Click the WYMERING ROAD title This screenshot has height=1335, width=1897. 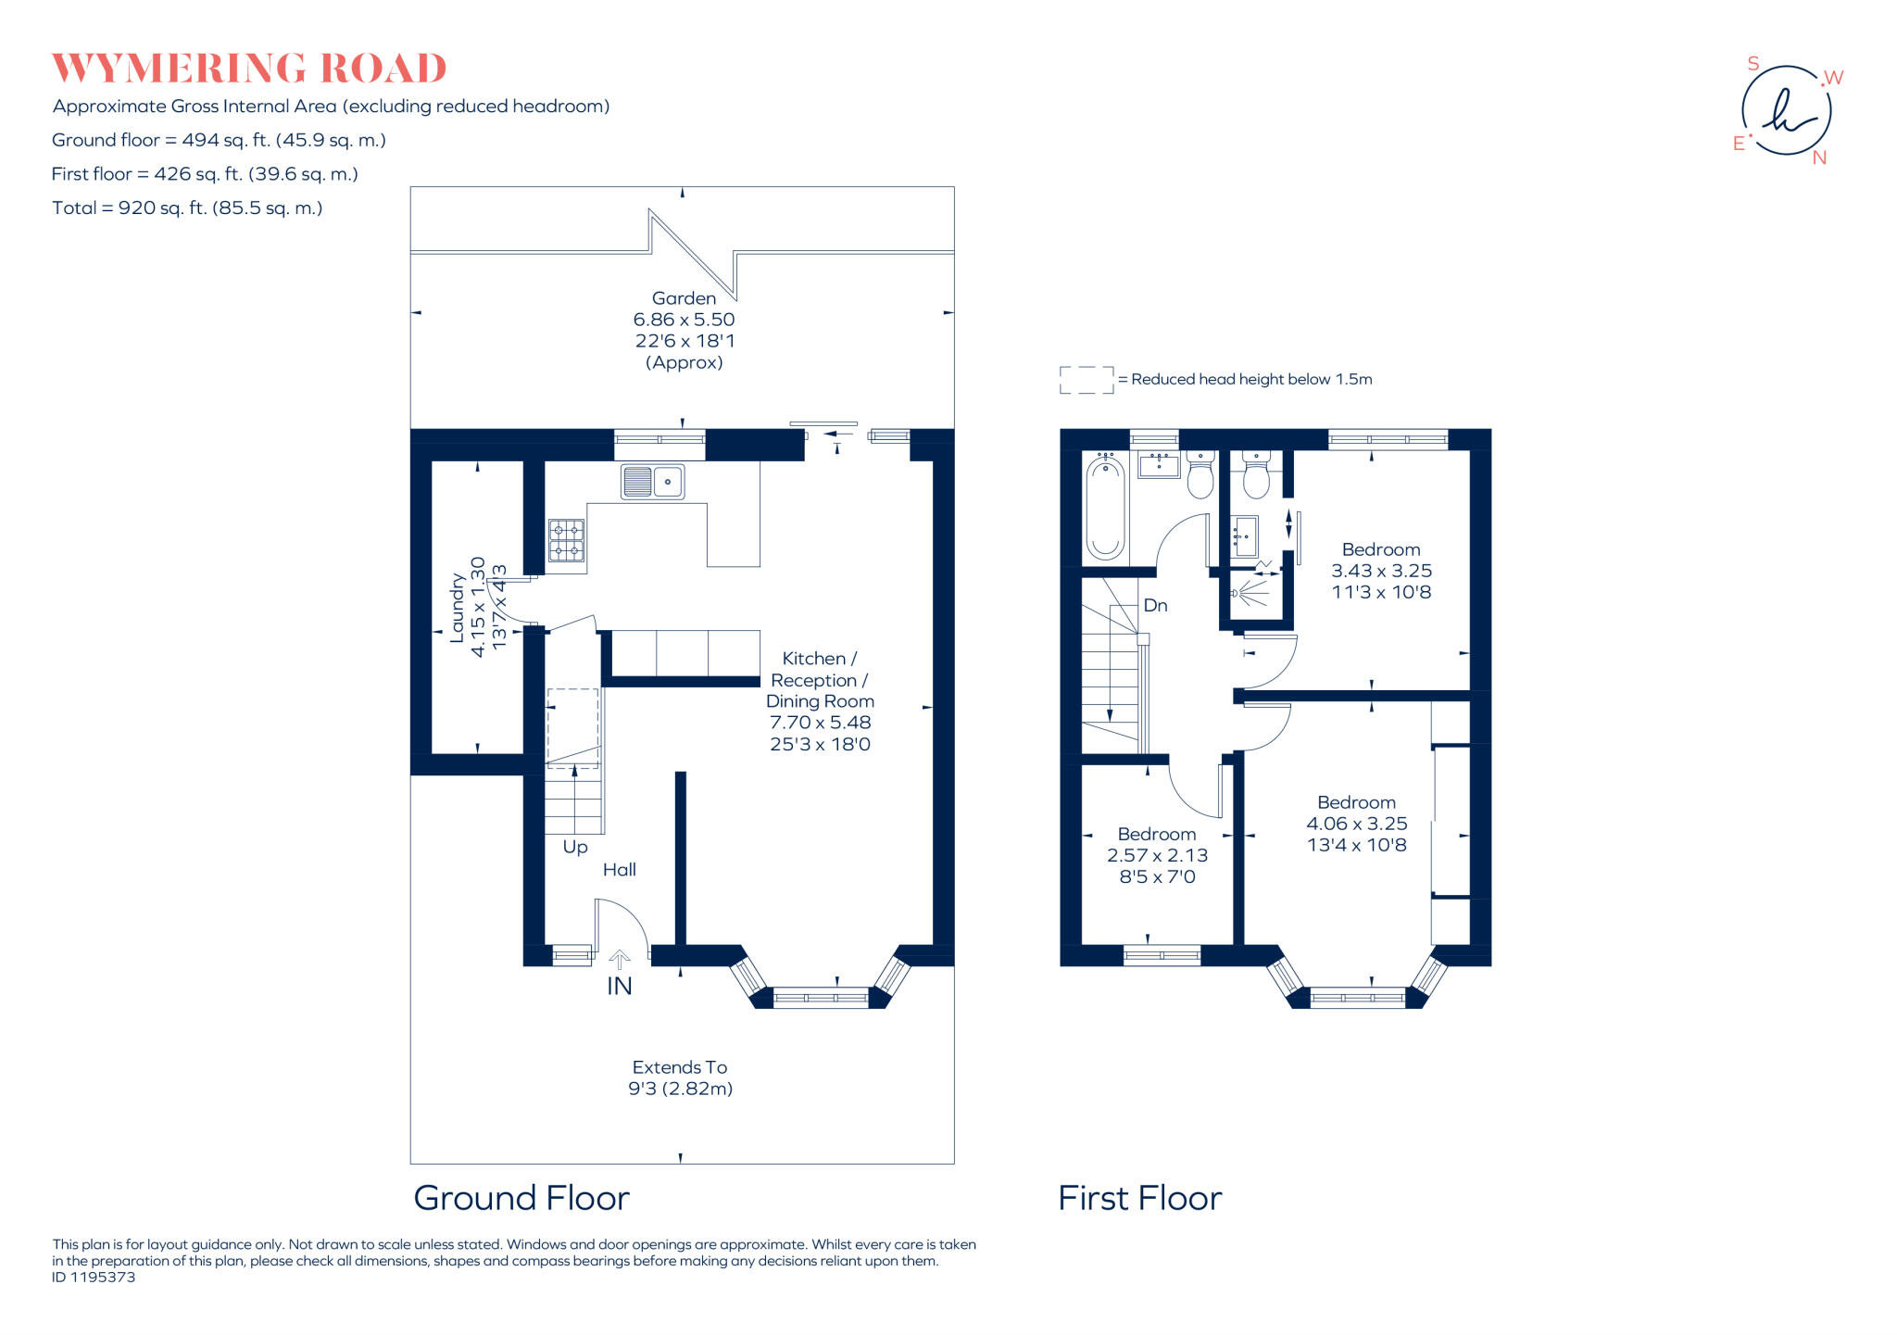248,69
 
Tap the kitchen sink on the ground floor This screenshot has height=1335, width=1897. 652,482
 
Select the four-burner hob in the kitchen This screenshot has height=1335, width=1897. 566,541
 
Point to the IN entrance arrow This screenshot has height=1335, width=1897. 619,960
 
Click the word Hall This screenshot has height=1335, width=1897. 619,870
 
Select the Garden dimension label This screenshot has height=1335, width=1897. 684,330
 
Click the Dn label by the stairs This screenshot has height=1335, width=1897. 1155,606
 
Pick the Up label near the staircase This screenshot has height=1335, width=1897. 575,848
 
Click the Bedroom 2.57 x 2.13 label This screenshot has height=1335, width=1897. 1157,855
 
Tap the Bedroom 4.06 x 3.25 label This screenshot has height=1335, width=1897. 1356,824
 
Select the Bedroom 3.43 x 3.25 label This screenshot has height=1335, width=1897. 1380,571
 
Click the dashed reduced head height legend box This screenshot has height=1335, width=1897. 1087,380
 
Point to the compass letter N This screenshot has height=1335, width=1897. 1819,158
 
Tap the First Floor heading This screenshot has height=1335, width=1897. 1139,1199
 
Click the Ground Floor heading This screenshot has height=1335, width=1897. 521,1199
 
